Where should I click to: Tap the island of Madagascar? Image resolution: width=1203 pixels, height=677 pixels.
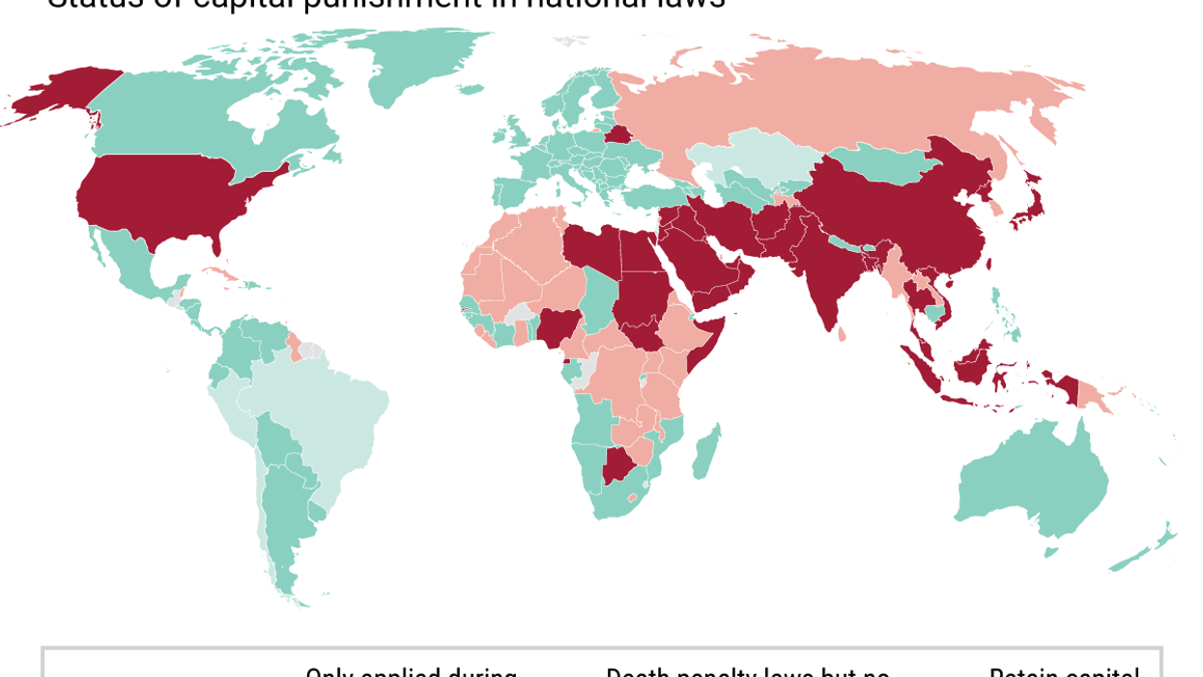click(706, 452)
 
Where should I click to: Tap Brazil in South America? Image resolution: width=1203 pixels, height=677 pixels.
click(319, 415)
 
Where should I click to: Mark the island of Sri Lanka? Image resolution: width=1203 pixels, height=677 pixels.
click(841, 334)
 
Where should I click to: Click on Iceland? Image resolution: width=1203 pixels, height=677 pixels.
click(471, 89)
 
